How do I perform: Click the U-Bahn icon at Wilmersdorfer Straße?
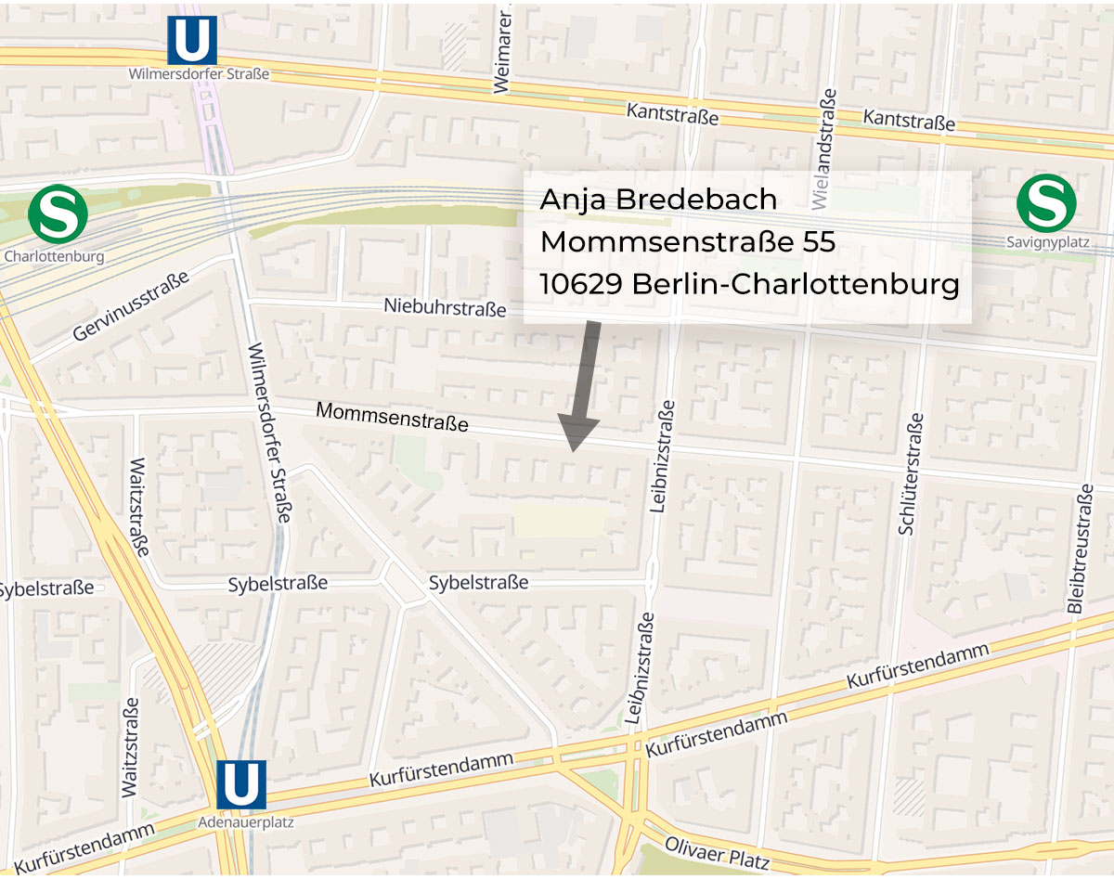(192, 41)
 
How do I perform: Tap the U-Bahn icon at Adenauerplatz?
(241, 784)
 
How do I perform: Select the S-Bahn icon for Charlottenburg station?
(58, 213)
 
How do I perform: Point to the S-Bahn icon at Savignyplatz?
(1046, 204)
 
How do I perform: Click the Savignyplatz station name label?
(1046, 244)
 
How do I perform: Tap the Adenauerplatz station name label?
(241, 821)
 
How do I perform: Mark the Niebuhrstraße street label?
(446, 307)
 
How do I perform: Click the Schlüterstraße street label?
(913, 473)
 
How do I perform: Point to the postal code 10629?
(581, 284)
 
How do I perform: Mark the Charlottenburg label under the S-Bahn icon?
(54, 255)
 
